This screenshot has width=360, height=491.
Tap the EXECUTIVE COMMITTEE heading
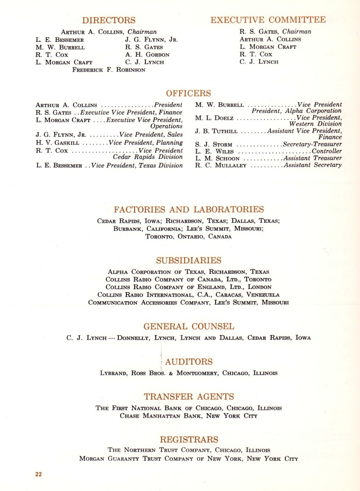[268, 20]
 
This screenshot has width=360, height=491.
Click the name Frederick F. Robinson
[109, 70]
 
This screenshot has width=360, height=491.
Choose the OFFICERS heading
[189, 93]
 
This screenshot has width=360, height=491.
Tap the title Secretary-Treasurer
[312, 144]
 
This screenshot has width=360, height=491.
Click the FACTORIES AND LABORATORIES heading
[189, 209]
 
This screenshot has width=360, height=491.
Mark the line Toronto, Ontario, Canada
[189, 236]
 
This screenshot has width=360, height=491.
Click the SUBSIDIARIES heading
[189, 260]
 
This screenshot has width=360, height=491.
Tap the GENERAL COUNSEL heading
[189, 326]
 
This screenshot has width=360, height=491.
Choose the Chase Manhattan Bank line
[189, 416]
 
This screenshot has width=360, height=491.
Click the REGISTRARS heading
[189, 439]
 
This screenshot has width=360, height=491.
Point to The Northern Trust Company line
[189, 450]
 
